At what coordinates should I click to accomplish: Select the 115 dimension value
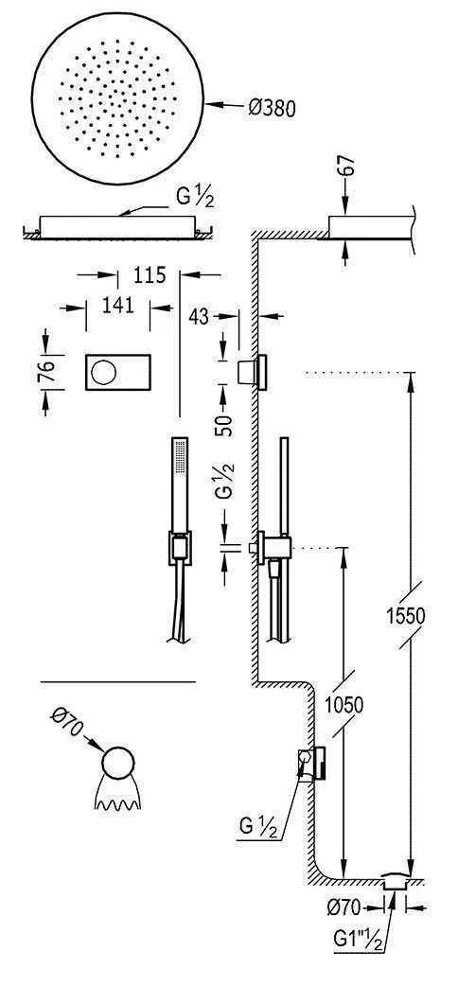coord(150,275)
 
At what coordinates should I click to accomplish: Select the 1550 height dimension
coord(412,615)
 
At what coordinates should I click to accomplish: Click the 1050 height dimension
coord(343,705)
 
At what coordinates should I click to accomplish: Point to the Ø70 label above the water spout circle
coord(67,730)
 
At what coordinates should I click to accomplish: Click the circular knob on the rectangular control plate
coord(101,370)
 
